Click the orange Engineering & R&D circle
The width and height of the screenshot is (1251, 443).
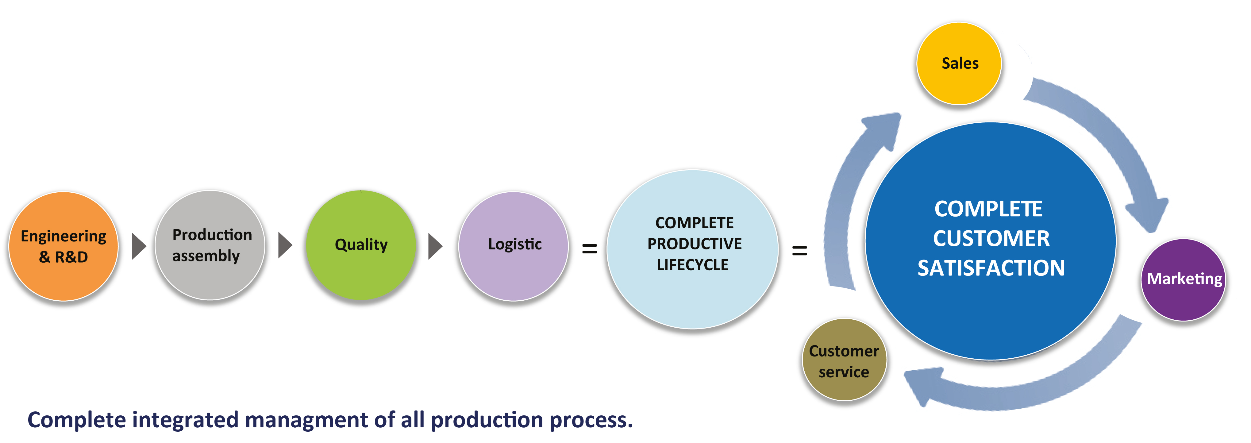pos(64,246)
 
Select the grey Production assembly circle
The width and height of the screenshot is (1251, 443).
pos(210,245)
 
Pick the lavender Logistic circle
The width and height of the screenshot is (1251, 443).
pos(514,246)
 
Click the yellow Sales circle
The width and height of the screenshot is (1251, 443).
pos(959,64)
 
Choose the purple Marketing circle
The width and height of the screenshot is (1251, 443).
pos(1184,280)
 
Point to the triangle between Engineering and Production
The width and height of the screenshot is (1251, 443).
pos(139,246)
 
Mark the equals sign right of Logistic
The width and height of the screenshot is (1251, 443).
pos(590,249)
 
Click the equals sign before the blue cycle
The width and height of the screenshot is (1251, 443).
pos(799,251)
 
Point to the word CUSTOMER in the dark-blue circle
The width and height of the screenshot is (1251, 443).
pos(991,238)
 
